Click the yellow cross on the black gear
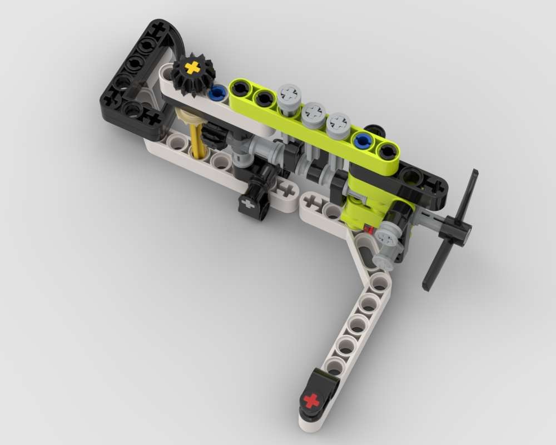click(192, 68)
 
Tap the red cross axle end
click(312, 400)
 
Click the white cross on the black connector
click(248, 204)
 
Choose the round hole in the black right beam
click(412, 177)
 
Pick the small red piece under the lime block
click(367, 229)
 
